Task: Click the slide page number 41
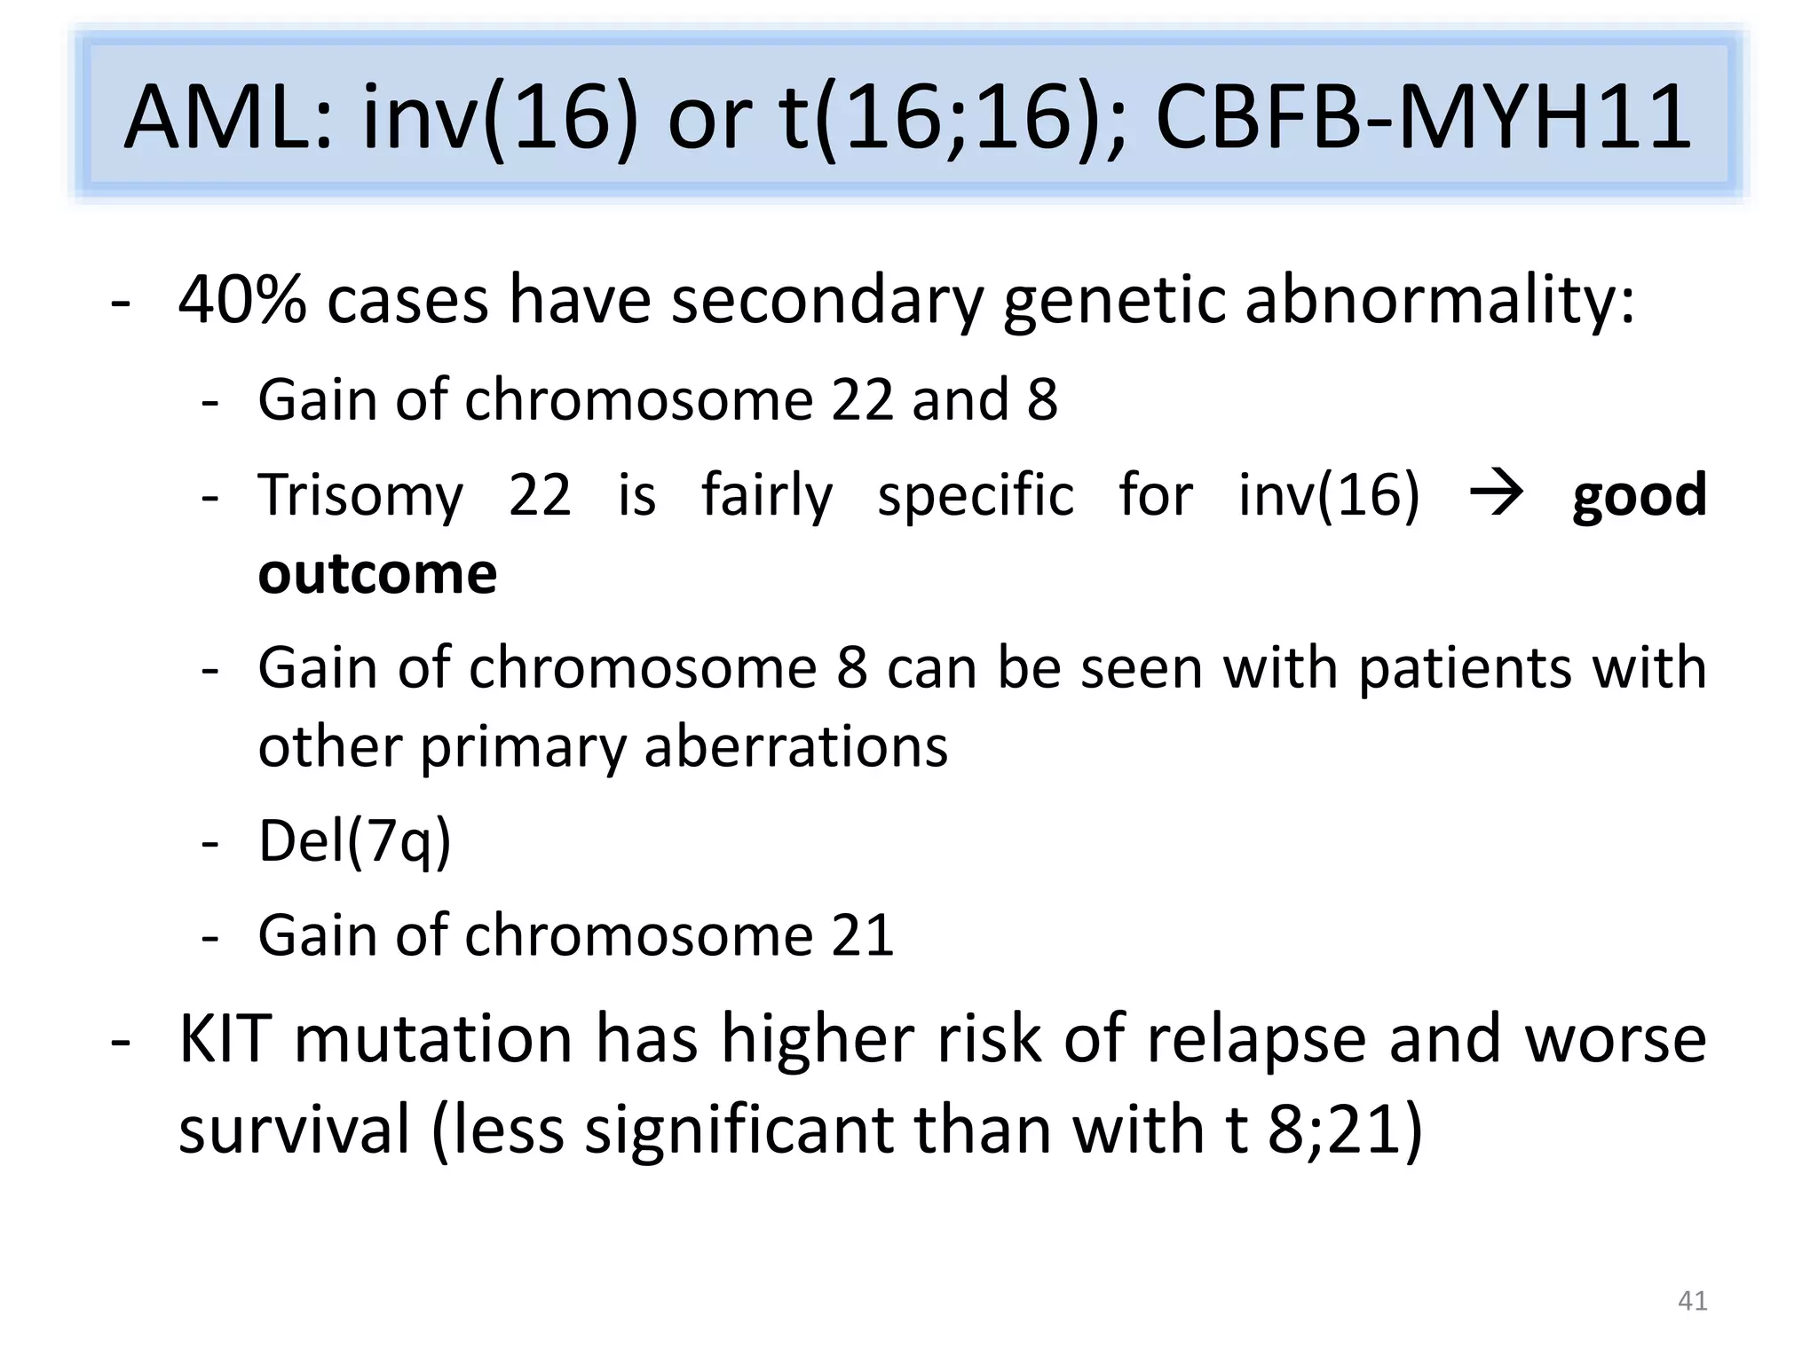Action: tap(1692, 1301)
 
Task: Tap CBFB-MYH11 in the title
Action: tap(1424, 117)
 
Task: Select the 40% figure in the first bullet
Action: tap(242, 301)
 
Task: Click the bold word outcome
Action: tap(377, 573)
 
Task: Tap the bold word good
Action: tap(1639, 495)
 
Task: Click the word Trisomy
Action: tap(360, 495)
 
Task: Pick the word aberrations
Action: tap(795, 745)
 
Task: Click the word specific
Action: tap(976, 495)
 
